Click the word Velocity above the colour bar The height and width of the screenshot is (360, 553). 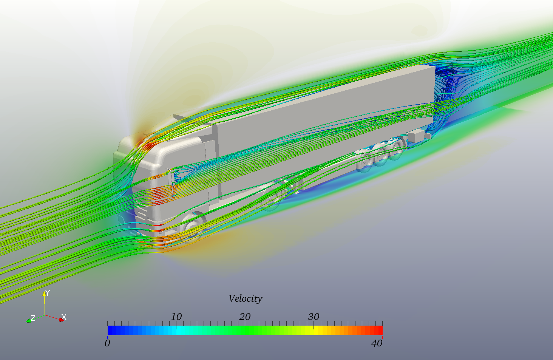(x=245, y=299)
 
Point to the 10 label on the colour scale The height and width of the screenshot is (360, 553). (x=176, y=317)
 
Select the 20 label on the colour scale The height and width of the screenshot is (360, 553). (x=245, y=317)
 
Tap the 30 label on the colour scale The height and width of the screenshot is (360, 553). (x=314, y=317)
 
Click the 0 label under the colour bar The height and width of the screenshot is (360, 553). (x=107, y=343)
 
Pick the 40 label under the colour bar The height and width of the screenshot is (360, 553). (x=377, y=343)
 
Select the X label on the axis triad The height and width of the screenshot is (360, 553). (x=64, y=317)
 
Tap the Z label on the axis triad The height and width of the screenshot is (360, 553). (x=33, y=318)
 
